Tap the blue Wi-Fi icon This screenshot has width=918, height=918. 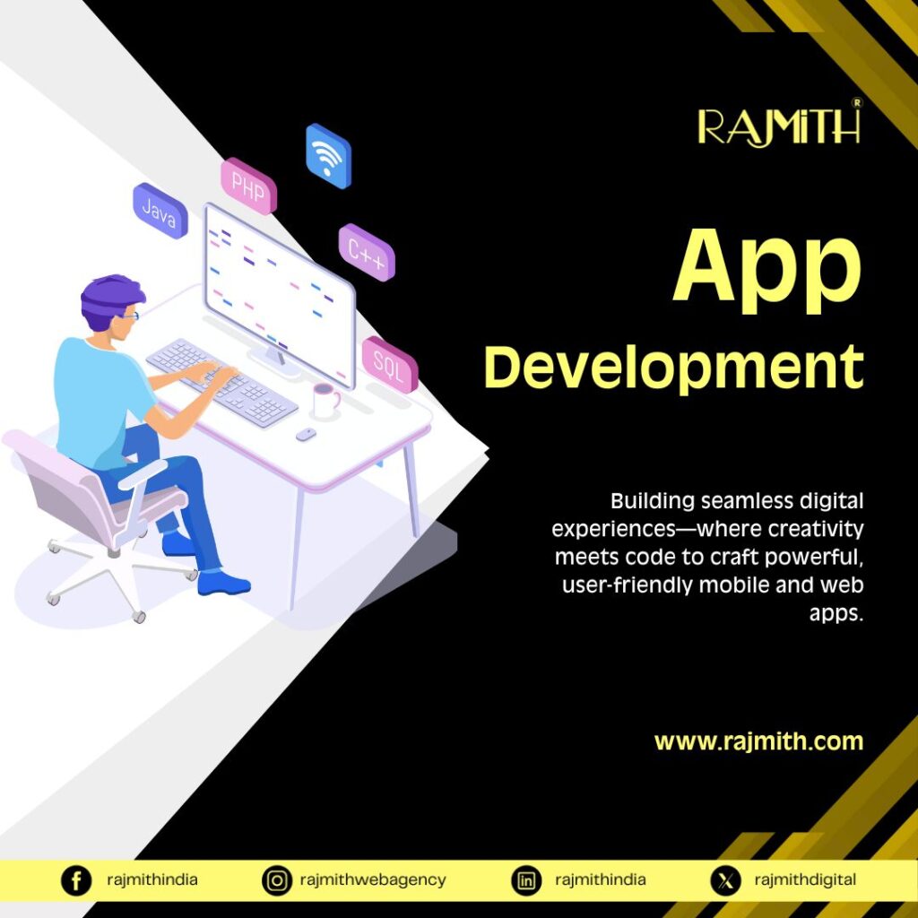coord(328,156)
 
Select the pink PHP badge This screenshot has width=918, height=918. coord(248,186)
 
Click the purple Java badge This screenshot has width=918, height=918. coord(160,211)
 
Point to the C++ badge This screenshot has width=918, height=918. coord(367,252)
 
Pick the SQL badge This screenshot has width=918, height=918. coord(390,364)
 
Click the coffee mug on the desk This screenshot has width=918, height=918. coord(325,401)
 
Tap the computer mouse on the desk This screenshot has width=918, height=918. coord(306,434)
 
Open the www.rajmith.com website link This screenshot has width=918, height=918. coord(758,741)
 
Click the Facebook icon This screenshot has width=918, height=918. coord(76,880)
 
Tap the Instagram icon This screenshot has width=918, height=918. coord(276,880)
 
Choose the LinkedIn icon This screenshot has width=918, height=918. coord(525,880)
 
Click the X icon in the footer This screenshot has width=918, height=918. coord(725,880)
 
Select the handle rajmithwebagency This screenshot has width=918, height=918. coord(373,880)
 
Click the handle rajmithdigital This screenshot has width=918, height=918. coord(805,880)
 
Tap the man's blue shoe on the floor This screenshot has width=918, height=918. coord(223,583)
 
